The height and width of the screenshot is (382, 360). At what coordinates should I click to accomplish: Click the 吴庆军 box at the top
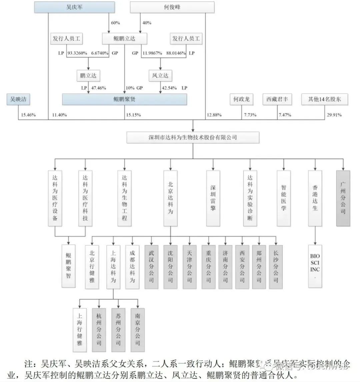click(x=74, y=7)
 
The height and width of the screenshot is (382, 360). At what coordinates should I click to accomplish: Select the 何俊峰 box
click(x=172, y=7)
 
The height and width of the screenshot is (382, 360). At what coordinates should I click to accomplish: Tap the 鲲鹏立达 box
click(x=124, y=39)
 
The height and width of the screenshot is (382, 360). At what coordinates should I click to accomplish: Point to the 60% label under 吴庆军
click(x=115, y=23)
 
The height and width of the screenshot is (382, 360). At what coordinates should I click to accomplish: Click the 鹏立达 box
click(x=88, y=76)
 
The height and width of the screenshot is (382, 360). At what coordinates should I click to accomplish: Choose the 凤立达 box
click(x=160, y=76)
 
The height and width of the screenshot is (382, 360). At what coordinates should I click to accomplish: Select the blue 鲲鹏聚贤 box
click(x=124, y=99)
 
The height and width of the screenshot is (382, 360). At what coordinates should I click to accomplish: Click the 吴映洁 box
click(x=19, y=99)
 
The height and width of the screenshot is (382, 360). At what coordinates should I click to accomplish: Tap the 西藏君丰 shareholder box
click(x=277, y=99)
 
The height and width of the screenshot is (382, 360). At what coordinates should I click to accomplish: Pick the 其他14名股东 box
click(x=324, y=99)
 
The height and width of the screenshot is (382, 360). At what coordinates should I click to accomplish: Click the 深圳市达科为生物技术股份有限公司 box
click(x=193, y=137)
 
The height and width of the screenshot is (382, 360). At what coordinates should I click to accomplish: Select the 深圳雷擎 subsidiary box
click(x=213, y=198)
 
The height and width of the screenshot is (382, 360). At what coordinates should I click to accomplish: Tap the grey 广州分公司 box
click(x=343, y=198)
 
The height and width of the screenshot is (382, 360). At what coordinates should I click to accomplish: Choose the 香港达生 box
click(x=315, y=198)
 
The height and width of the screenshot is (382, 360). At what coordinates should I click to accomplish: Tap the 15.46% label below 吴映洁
click(x=28, y=115)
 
